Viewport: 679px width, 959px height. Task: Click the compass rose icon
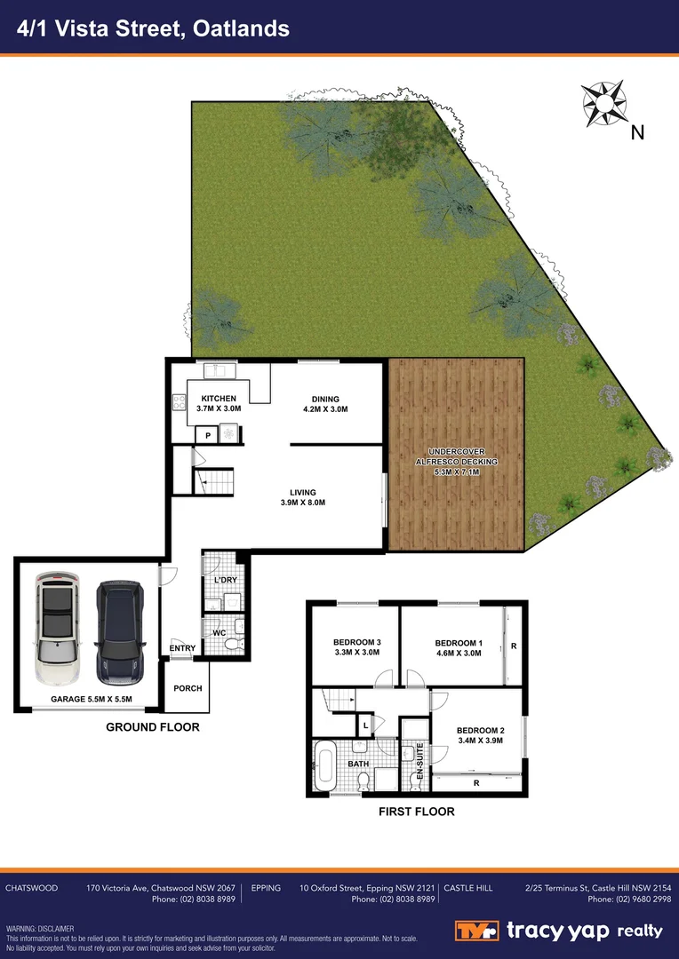(604, 103)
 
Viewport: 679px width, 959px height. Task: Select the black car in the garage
(118, 632)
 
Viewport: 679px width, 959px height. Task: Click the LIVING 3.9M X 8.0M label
(302, 497)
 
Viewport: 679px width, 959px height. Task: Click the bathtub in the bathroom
(324, 766)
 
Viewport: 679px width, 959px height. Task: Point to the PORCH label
(188, 688)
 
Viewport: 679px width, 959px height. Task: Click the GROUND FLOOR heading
(152, 727)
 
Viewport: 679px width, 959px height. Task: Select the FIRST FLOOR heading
(416, 812)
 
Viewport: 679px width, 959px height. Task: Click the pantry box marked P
(207, 435)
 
